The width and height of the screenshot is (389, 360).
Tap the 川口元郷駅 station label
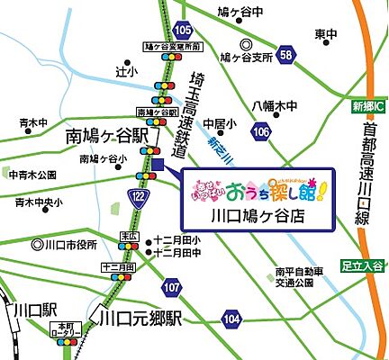[140, 319]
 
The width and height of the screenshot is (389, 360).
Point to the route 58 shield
[285, 56]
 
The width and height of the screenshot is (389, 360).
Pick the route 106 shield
[261, 133]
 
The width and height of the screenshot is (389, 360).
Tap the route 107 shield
[172, 287]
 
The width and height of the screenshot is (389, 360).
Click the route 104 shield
[232, 318]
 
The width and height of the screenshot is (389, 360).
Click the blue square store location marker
[158, 165]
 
